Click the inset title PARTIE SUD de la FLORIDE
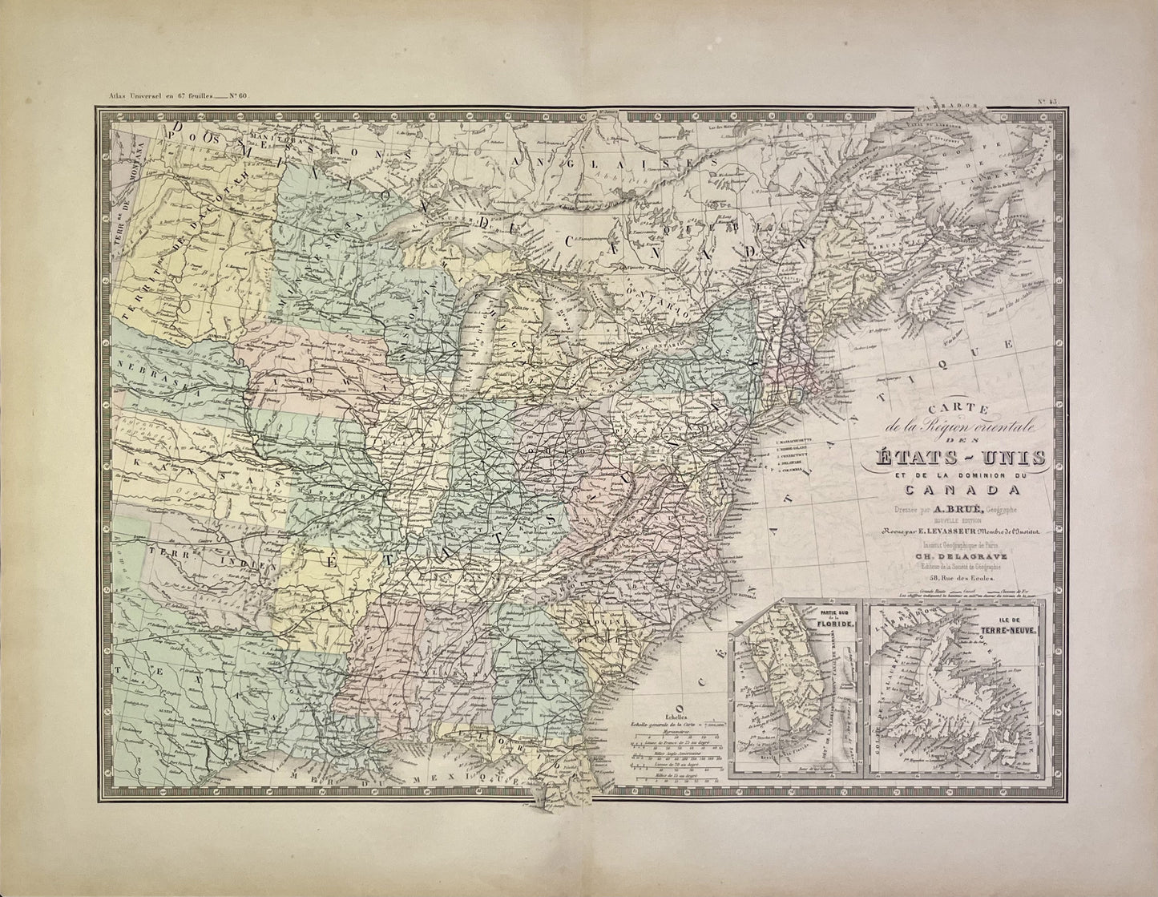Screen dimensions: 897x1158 point(837,622)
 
